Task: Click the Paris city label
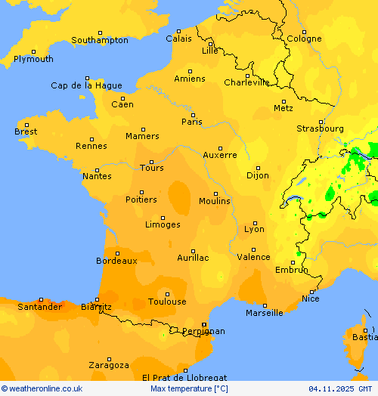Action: (x=192, y=122)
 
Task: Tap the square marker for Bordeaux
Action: (x=117, y=252)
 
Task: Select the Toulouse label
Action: (x=167, y=302)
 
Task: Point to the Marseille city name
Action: (x=265, y=313)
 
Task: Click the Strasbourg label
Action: (x=320, y=128)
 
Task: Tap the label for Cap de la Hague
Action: (x=86, y=85)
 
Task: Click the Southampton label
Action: (x=100, y=40)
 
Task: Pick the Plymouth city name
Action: (x=33, y=59)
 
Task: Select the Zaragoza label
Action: (x=108, y=365)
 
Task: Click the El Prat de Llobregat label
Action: (x=184, y=377)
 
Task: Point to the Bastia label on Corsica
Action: (x=364, y=337)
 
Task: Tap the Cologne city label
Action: (x=304, y=39)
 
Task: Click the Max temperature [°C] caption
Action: (x=189, y=388)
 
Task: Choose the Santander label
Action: (x=39, y=307)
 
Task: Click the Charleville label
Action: (x=246, y=82)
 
